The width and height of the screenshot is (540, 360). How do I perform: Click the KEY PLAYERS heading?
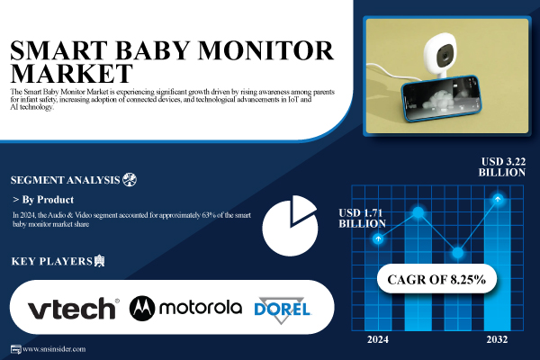[x=51, y=262]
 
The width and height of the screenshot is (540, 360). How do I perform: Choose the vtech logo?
[x=73, y=309]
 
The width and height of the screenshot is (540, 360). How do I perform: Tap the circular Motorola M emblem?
[x=144, y=309]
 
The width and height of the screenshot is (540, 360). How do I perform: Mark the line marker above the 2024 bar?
[x=380, y=238]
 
